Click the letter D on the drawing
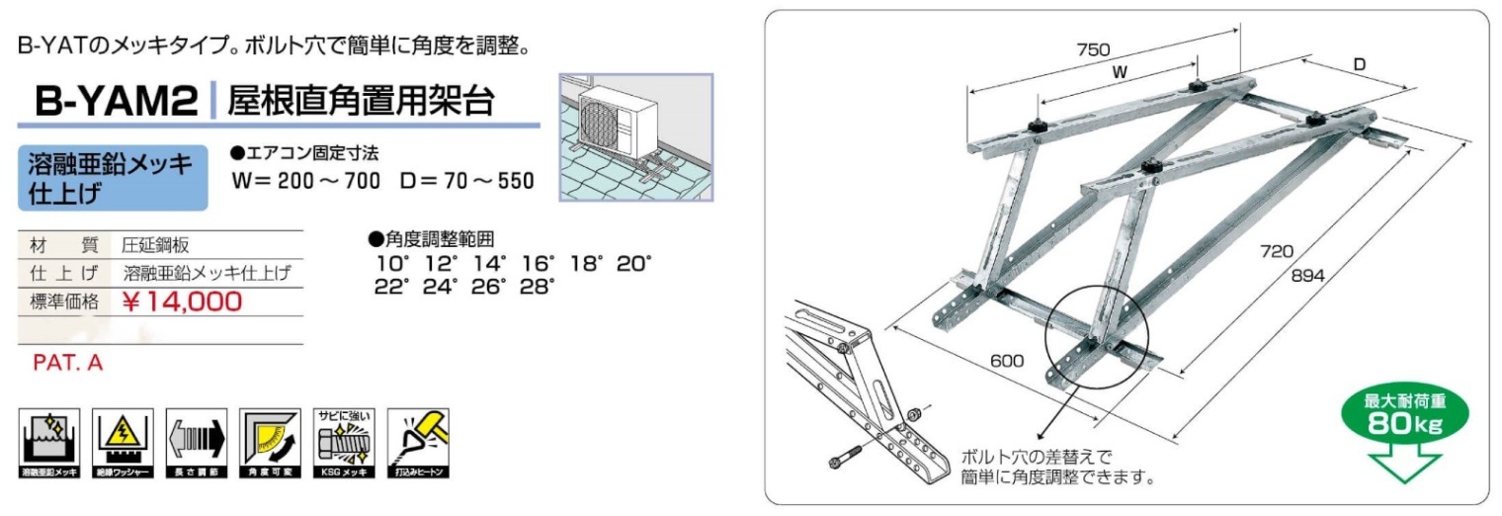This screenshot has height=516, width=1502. (1360, 65)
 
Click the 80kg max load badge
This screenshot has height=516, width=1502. (1404, 416)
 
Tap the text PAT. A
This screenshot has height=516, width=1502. (68, 364)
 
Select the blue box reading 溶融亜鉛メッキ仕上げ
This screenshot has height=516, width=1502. (113, 178)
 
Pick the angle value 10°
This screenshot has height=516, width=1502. (390, 264)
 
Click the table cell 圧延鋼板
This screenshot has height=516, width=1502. (156, 245)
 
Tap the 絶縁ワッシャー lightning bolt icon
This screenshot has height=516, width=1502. (124, 443)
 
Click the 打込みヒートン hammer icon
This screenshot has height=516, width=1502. (417, 443)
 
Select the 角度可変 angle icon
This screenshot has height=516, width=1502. (270, 443)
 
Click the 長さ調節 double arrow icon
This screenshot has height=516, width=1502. (197, 443)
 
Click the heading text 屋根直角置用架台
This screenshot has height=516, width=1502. (361, 101)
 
